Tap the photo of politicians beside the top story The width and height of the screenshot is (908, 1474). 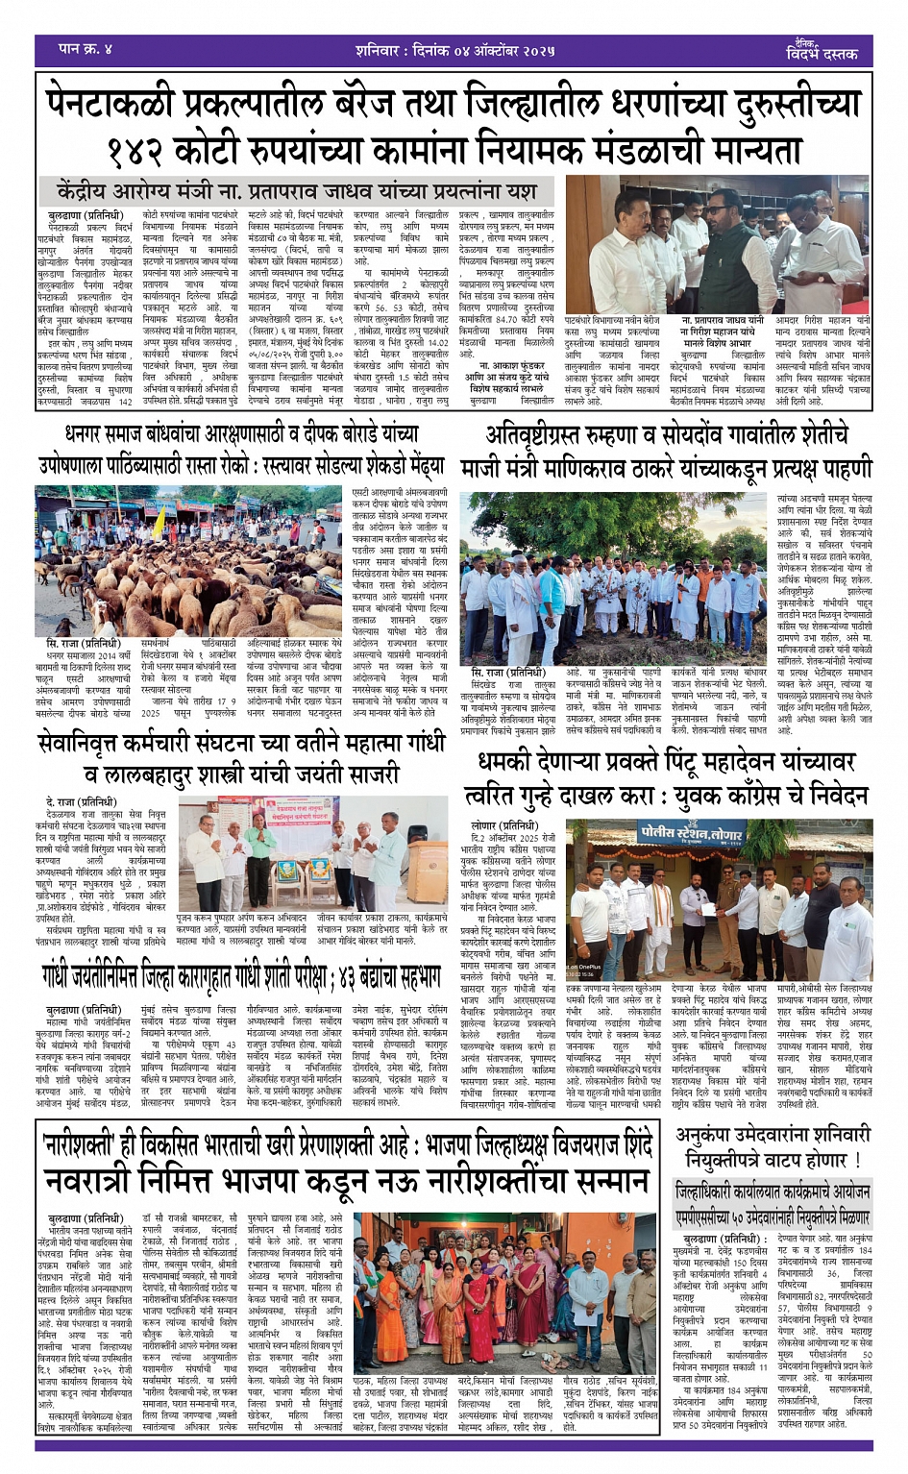[718, 244]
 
